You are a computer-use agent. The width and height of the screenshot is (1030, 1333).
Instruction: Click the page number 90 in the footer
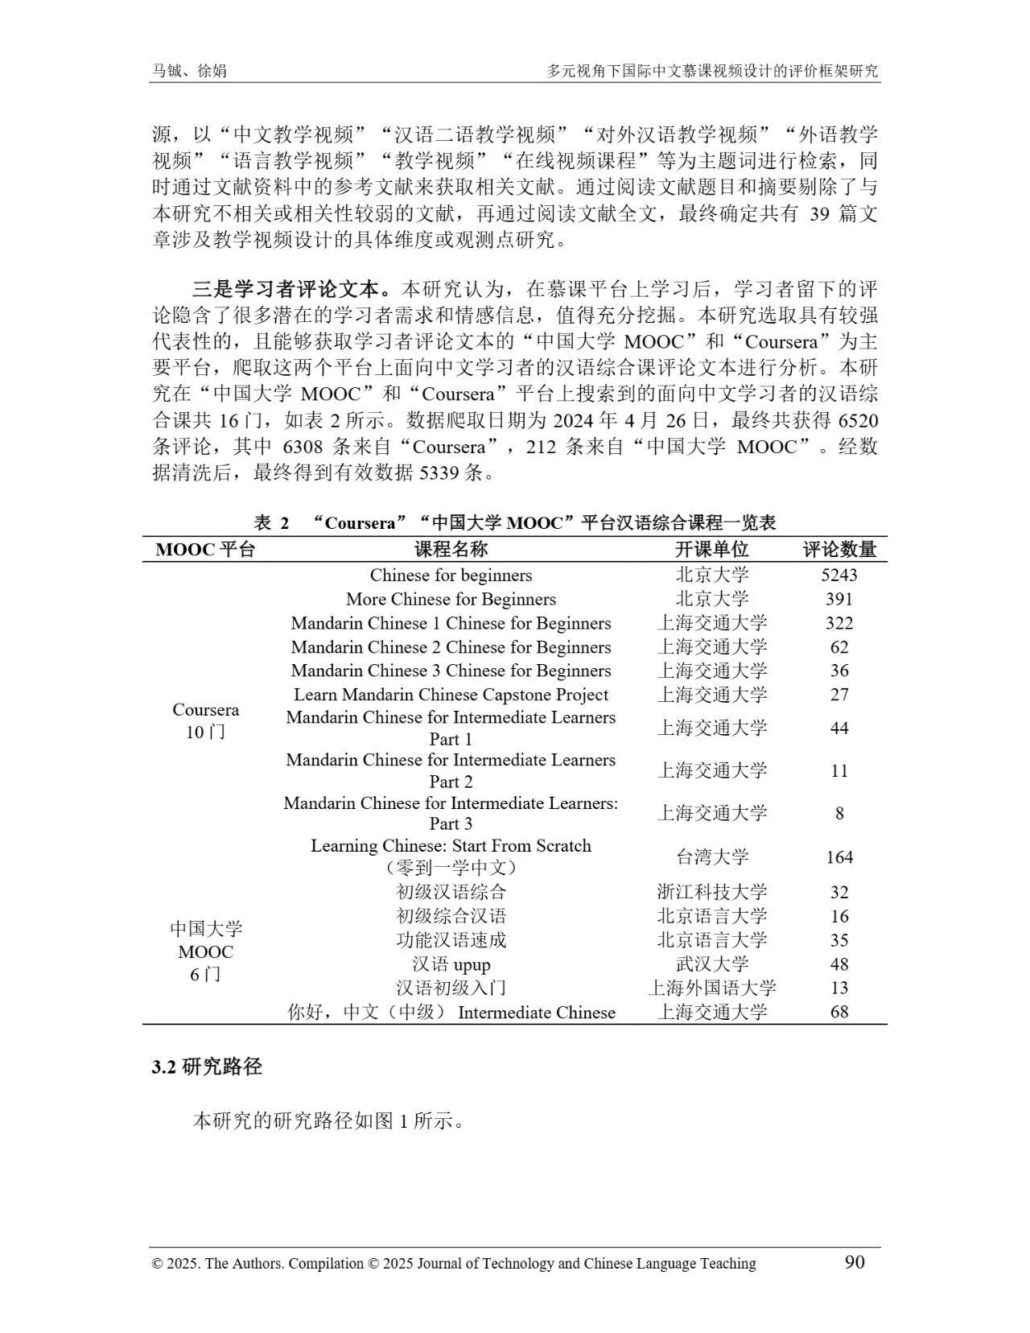point(855,1261)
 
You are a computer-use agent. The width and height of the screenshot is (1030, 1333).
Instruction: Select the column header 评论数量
point(839,550)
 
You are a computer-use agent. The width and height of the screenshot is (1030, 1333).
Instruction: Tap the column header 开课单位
point(711,550)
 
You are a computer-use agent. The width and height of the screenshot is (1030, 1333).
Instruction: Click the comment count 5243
point(839,575)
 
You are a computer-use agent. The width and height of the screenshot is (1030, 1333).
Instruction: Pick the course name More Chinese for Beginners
point(451,599)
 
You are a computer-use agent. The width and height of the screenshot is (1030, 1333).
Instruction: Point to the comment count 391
point(839,599)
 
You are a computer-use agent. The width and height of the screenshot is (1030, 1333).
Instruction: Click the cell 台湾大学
point(711,856)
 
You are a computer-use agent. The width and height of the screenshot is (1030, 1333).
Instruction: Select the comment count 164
point(839,857)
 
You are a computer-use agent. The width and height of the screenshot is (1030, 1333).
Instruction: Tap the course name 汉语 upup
point(451,964)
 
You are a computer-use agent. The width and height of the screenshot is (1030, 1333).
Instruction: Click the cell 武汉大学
point(711,964)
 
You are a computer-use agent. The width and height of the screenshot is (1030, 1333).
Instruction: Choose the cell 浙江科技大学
point(711,892)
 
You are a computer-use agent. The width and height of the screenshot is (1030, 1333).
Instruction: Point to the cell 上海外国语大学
point(711,988)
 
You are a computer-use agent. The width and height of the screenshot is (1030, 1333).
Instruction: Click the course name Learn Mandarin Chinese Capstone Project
point(451,695)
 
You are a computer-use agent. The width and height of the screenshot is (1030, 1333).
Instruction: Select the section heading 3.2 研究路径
point(208,1067)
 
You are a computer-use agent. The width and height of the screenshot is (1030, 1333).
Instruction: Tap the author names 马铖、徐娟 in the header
point(190,71)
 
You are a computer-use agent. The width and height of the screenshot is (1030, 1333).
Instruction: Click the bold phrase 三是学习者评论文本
point(291,288)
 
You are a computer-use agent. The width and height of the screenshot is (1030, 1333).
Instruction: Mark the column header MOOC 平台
point(205,550)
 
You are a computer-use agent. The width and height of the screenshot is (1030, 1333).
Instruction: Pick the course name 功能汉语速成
point(451,940)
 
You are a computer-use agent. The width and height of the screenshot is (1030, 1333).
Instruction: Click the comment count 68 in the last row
point(839,1012)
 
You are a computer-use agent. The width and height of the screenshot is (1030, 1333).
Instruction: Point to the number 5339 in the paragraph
point(441,473)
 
